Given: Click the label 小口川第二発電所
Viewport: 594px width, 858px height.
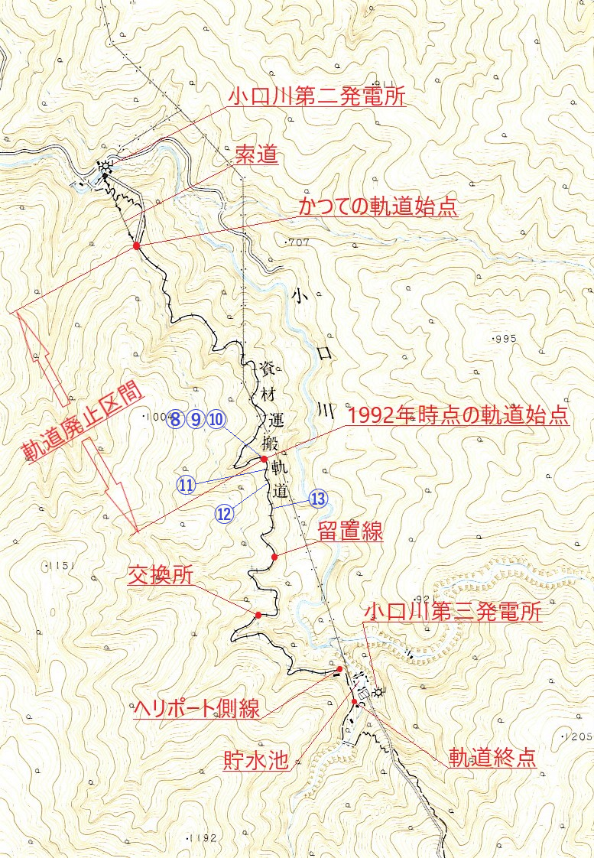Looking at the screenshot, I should pyautogui.click(x=316, y=97).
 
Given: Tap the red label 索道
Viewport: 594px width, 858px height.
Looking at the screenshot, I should pyautogui.click(x=255, y=158).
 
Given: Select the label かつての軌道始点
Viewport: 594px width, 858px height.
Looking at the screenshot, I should pyautogui.click(x=378, y=207).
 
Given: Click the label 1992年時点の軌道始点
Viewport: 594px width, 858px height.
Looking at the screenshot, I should pyautogui.click(x=458, y=417).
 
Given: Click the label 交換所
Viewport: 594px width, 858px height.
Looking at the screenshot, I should pyautogui.click(x=161, y=576).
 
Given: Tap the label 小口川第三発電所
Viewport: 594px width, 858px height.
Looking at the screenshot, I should pyautogui.click(x=453, y=613).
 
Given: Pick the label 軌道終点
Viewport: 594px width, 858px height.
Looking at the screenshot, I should pyautogui.click(x=492, y=758).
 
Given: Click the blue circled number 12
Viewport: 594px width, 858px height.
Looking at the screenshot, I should pyautogui.click(x=224, y=514).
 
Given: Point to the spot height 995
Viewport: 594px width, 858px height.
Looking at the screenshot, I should pyautogui.click(x=505, y=338).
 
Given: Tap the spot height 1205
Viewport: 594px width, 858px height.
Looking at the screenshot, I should pyautogui.click(x=578, y=736).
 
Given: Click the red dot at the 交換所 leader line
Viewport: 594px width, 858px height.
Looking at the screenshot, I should pyautogui.click(x=258, y=615).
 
